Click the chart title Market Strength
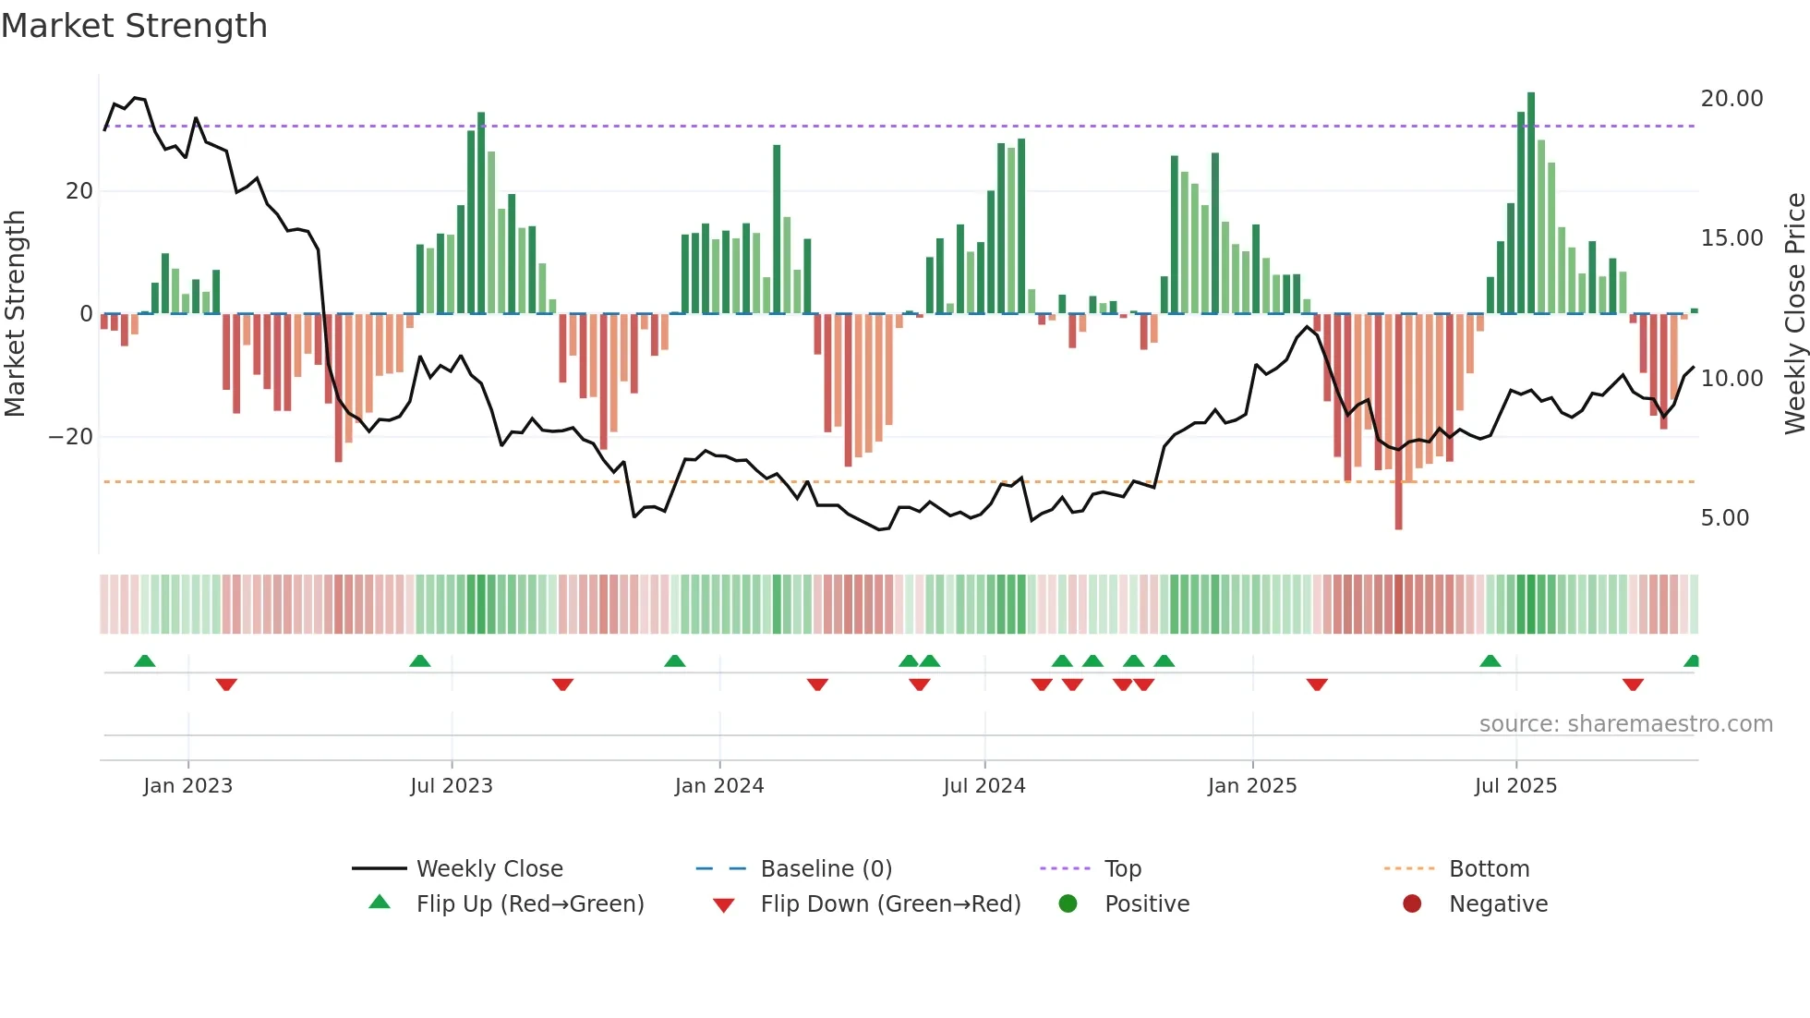point(134,26)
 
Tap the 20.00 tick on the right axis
point(1732,99)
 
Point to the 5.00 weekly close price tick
point(1724,518)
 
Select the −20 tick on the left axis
point(71,437)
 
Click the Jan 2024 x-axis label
point(719,786)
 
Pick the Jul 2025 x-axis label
point(1515,786)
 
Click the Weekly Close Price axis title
point(1794,313)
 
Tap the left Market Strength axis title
point(15,313)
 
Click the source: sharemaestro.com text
point(1625,724)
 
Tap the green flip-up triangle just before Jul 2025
point(1490,660)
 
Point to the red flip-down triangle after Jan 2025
point(1317,685)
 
